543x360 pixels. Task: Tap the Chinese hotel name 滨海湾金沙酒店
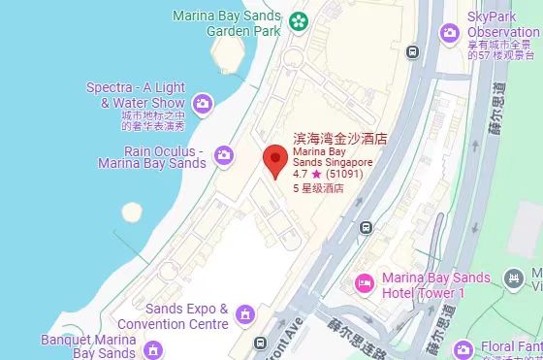point(339,140)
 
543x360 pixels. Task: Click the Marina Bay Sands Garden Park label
point(227,22)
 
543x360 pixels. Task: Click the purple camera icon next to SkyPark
point(449,33)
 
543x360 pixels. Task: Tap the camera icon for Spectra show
point(203,102)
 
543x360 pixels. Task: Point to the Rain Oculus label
point(165,157)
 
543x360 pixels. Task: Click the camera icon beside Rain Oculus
point(224,155)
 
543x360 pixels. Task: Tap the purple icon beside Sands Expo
point(245,314)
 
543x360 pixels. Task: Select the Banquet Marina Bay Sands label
point(88,346)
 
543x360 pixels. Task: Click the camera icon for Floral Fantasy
point(464,348)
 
